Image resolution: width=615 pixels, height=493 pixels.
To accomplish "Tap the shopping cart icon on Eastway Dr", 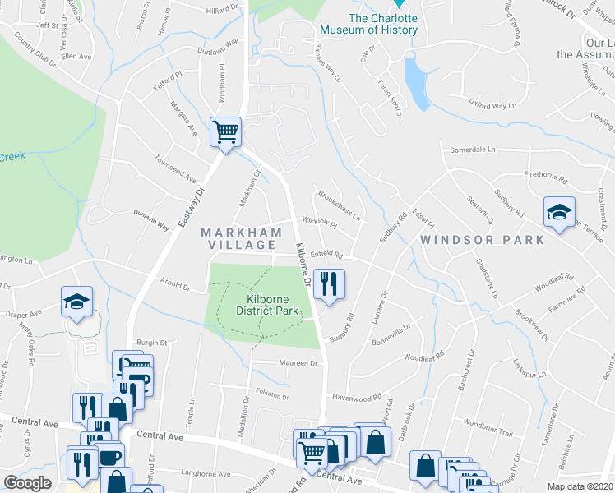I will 225,131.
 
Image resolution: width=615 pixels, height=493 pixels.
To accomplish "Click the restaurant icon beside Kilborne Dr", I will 328,285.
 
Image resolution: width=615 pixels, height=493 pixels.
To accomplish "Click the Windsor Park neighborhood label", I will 482,240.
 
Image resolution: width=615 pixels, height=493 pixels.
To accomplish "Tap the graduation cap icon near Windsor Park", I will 559,214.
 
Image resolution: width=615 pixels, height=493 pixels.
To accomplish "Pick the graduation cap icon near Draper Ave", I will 76,302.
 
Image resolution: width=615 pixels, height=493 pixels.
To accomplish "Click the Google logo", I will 27,483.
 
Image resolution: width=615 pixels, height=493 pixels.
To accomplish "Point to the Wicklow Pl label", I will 320,222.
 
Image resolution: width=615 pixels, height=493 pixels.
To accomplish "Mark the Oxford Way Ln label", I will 492,105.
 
